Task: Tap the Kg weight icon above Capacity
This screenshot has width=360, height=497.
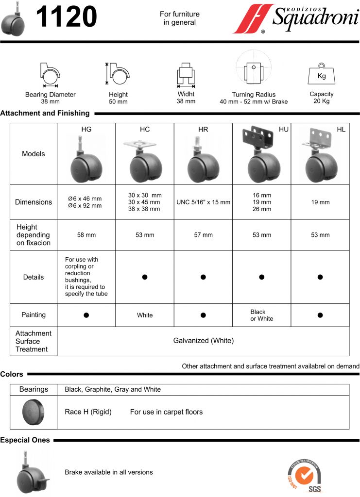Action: pos(321,75)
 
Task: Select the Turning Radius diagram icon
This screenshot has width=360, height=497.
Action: pos(254,70)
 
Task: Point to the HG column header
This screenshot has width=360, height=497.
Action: pos(86,130)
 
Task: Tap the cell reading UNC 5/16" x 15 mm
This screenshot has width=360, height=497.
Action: pos(203,202)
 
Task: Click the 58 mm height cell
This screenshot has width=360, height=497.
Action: pos(86,235)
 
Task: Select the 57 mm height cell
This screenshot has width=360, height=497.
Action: pos(203,235)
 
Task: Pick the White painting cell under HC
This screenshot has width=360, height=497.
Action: pos(145,315)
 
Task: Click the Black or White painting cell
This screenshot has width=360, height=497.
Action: pos(262,315)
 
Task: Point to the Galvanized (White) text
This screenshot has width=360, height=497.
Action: pos(203,341)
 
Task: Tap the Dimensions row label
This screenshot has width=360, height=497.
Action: pos(34,202)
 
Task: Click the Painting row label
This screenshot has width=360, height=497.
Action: pos(34,315)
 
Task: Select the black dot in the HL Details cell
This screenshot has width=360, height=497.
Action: pos(320,277)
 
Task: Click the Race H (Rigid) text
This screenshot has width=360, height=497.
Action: pos(88,412)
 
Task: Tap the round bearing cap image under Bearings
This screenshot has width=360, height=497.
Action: pos(34,412)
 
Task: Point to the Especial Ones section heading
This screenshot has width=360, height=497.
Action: pos(25,440)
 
